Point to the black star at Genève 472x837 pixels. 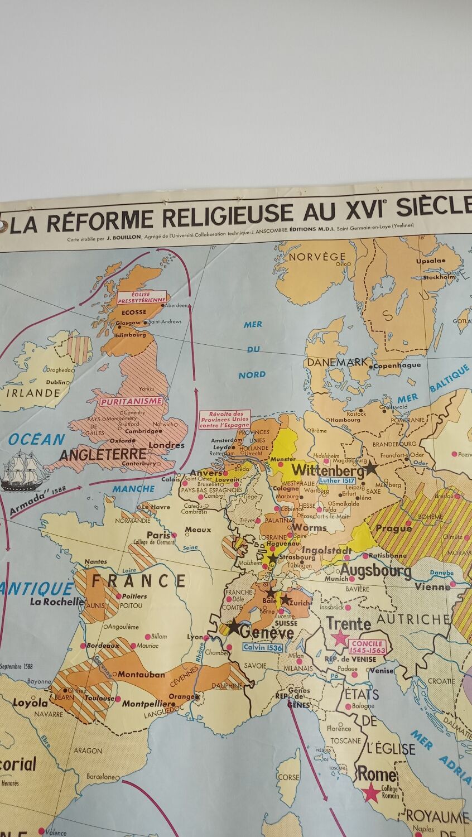tap(233, 628)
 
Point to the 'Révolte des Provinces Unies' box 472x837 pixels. tap(225, 419)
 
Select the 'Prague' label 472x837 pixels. tap(394, 528)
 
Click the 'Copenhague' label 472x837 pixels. tap(397, 365)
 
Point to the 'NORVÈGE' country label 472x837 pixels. tap(317, 257)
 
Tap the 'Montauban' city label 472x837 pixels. tap(141, 674)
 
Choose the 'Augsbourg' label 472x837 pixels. tap(375, 571)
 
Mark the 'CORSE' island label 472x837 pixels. tap(288, 777)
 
